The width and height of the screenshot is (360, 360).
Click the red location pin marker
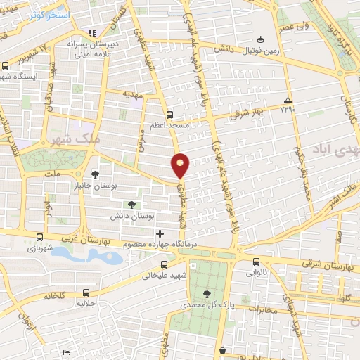pyautogui.click(x=181, y=165)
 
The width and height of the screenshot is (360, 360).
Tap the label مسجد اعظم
pyautogui.click(x=169, y=125)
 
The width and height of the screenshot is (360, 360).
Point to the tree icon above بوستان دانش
pyautogui.click(x=131, y=204)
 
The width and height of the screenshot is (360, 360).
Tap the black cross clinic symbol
pyautogui.click(x=160, y=233)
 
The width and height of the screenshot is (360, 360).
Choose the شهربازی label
pyautogui.click(x=40, y=248)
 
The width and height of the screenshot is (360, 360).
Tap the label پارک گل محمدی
pyautogui.click(x=205, y=306)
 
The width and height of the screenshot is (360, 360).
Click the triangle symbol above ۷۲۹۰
pyautogui.click(x=287, y=100)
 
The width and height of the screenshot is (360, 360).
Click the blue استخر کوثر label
pyautogui.click(x=49, y=14)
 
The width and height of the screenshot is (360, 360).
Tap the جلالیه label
pyautogui.click(x=85, y=304)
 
